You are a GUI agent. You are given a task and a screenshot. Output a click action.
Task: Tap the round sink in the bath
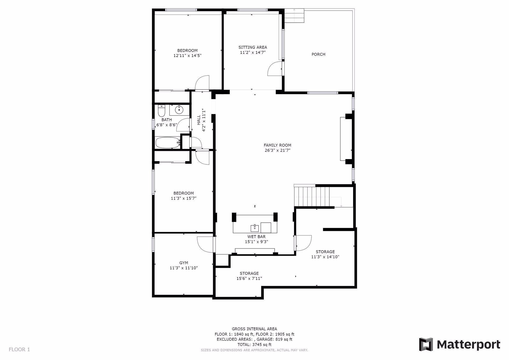pyautogui.click(x=179, y=109)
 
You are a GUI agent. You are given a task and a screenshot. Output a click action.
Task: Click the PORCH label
pyautogui.click(x=318, y=54)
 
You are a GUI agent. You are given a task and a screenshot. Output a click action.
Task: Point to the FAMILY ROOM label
pyautogui.click(x=277, y=145)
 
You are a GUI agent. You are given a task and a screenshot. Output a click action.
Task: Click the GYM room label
pyautogui.click(x=184, y=263)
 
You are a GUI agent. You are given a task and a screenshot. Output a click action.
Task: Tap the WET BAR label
pyautogui.click(x=256, y=237)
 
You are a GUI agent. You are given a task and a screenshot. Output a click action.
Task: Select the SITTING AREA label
pyautogui.click(x=253, y=47)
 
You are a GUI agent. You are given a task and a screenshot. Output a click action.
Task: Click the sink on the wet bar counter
pyautogui.click(x=255, y=227)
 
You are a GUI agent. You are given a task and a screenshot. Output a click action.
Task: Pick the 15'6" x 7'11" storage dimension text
pyautogui.click(x=249, y=278)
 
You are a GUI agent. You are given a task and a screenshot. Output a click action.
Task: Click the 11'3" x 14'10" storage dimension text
pyautogui.click(x=325, y=257)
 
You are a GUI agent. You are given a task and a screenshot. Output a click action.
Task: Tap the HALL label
pyautogui.click(x=199, y=120)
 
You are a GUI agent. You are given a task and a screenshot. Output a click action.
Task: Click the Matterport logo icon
pyautogui.click(x=426, y=344)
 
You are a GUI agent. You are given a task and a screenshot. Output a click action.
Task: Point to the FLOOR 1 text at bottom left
pyautogui.click(x=19, y=349)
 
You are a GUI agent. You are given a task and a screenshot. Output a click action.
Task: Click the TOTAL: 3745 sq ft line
pyautogui.click(x=254, y=345)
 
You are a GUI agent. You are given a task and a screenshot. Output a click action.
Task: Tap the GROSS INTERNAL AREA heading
pyautogui.click(x=254, y=329)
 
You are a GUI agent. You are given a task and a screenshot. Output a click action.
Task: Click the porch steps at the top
pyautogui.click(x=294, y=16)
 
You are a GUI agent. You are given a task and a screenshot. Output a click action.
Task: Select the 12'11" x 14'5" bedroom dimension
pyautogui.click(x=187, y=56)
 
